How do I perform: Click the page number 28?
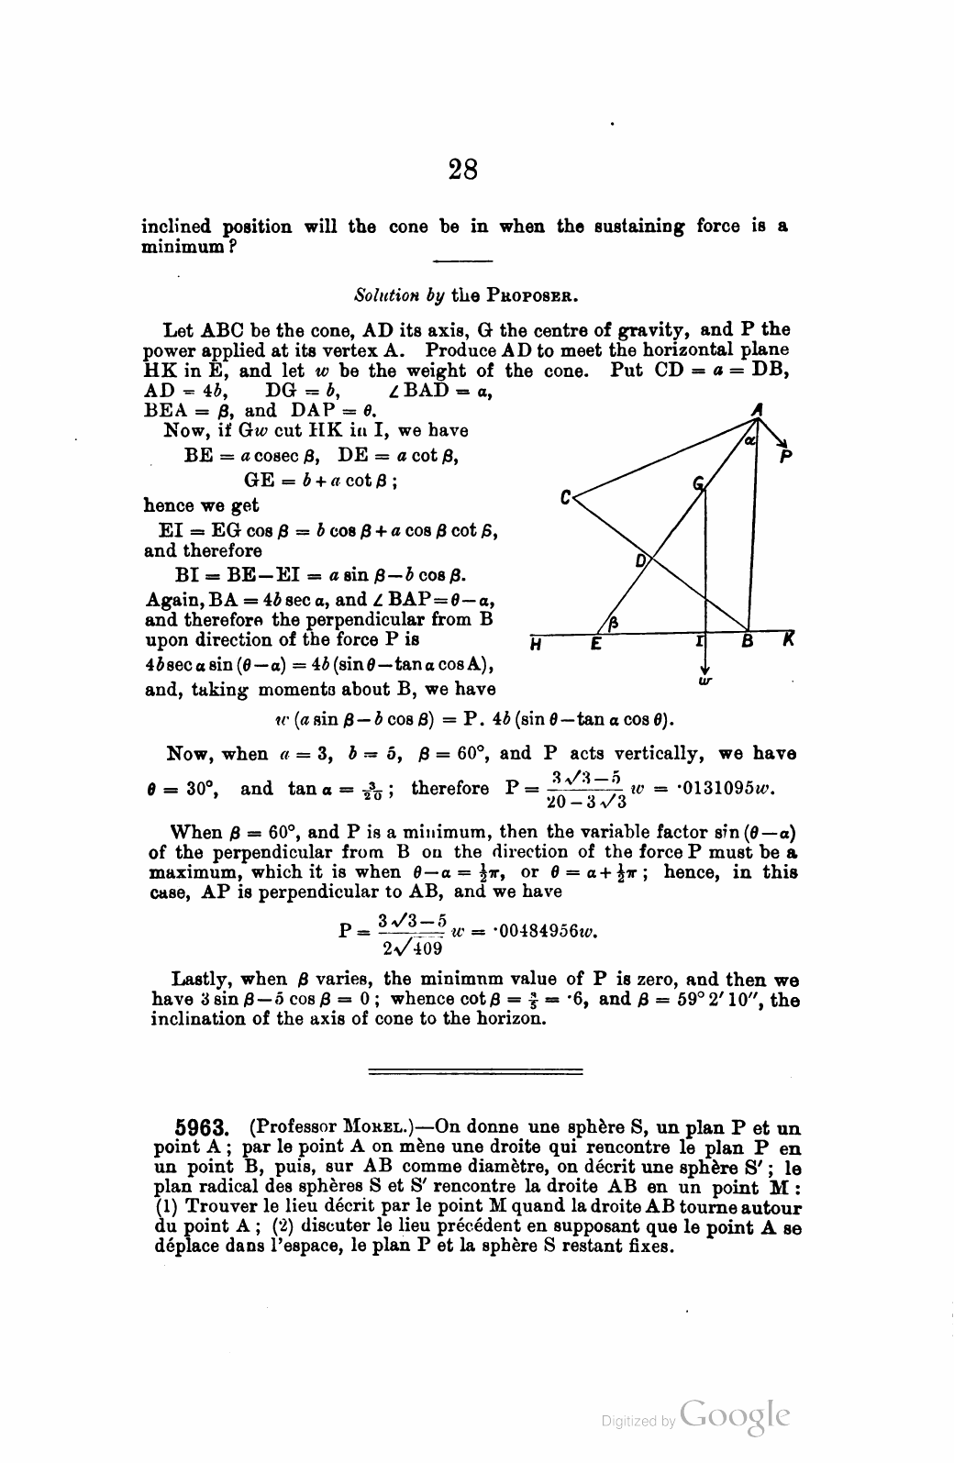coord(464,170)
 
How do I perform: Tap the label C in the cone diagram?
coord(566,499)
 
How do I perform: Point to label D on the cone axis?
coord(641,560)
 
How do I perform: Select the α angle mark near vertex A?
coord(749,441)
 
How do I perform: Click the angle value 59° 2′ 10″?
coord(705,1000)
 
